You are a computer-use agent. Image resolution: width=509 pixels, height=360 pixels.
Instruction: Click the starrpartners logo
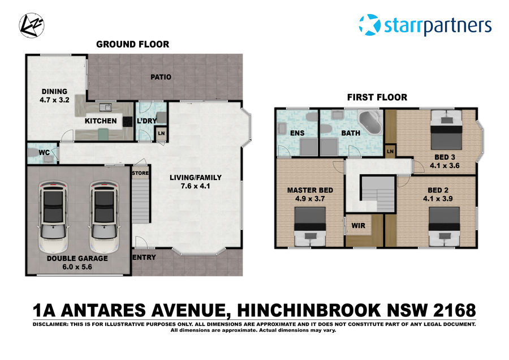pos(425,26)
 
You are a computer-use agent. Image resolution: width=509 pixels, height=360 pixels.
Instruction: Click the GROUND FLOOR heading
pos(132,44)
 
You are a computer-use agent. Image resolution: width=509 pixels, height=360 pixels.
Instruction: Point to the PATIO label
pos(161,78)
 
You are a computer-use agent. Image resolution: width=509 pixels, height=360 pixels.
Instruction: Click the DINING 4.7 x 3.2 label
pos(54,95)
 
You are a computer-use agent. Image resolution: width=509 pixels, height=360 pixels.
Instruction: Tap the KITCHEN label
pos(101,121)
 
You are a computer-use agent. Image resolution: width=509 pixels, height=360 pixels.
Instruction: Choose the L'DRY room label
pos(146,121)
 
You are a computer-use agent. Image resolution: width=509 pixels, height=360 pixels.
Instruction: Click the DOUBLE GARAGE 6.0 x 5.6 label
pos(78,263)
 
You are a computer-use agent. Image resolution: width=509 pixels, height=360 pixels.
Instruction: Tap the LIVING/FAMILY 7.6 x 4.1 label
pos(196,181)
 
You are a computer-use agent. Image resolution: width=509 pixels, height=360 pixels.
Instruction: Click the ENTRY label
pos(144,258)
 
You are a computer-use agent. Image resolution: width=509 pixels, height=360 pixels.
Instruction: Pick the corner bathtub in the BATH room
pos(371,123)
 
